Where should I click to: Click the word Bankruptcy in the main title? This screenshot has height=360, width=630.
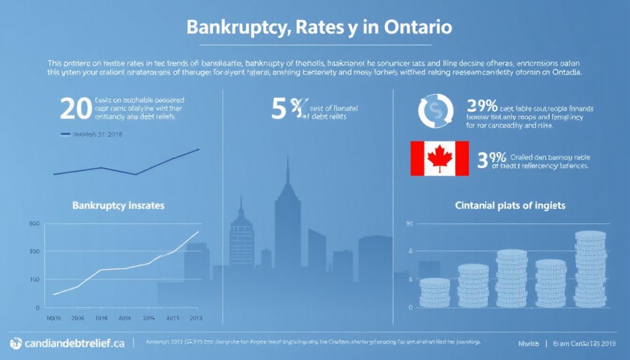(x=225, y=28)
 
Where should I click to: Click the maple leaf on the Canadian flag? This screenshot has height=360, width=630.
(x=439, y=158)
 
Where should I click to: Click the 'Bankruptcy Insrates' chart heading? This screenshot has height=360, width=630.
(x=118, y=205)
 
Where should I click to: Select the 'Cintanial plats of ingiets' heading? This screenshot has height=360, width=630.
(x=509, y=205)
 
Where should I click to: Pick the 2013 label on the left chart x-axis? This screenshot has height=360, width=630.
(x=196, y=319)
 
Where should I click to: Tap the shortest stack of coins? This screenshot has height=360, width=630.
(x=435, y=292)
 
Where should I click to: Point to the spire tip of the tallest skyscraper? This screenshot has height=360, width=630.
(x=288, y=151)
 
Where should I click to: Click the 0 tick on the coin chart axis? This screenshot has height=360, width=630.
(x=409, y=306)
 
